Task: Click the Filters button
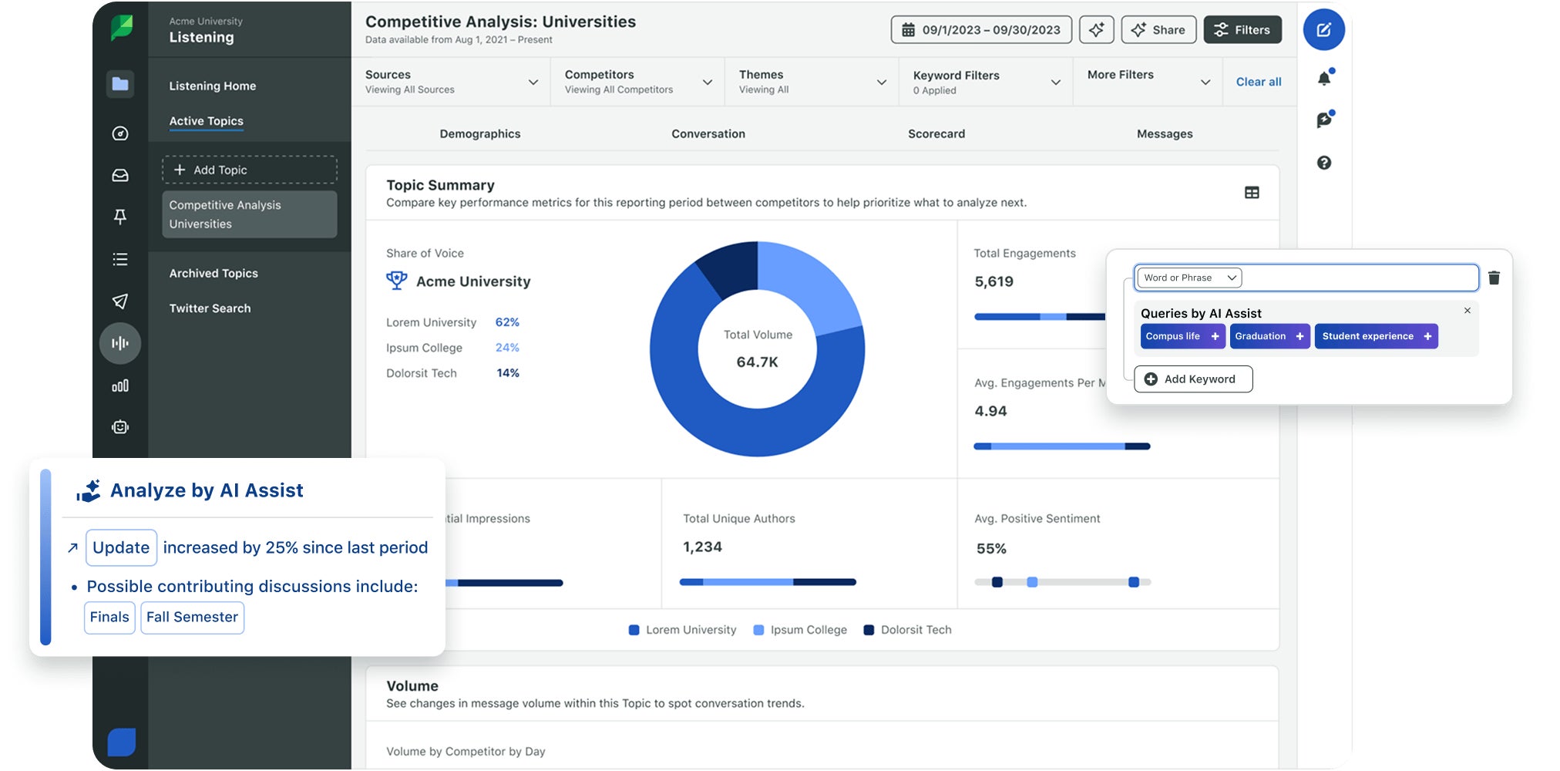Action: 1242,30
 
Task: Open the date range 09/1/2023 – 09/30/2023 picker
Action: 981,30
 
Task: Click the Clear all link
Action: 1258,82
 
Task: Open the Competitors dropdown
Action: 637,82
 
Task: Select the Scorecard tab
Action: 936,133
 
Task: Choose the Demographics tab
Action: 479,133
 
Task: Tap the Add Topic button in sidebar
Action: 250,170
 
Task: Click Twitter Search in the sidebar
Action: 210,308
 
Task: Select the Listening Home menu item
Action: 212,86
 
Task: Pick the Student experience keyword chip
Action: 1375,336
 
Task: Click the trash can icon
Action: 1494,278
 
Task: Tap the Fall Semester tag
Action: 192,618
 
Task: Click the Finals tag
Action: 109,618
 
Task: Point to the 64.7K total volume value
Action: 757,362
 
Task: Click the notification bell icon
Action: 1323,78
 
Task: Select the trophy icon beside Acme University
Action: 396,281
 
